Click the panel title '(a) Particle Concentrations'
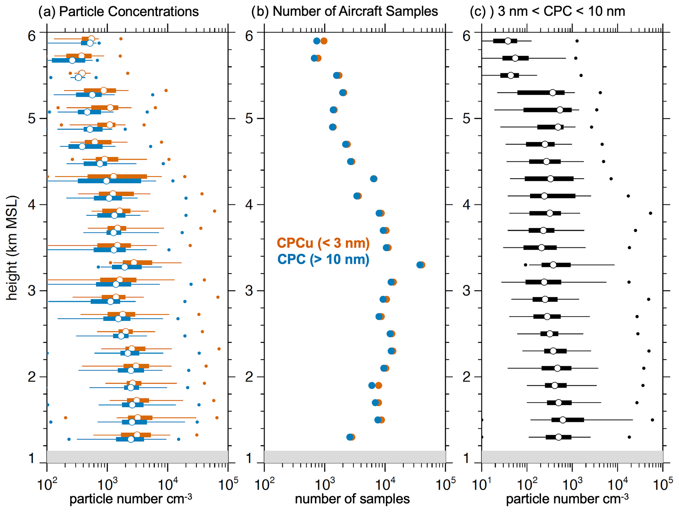click(x=118, y=11)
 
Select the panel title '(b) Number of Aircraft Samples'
click(x=344, y=11)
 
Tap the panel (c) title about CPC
click(x=547, y=11)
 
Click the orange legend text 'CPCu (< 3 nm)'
click(x=323, y=243)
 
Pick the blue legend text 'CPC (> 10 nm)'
click(x=323, y=259)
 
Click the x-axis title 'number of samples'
click(x=352, y=499)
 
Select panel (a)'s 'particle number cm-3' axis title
click(x=131, y=499)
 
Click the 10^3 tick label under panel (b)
click(x=325, y=484)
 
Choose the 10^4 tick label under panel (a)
click(x=168, y=484)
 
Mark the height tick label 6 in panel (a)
click(x=32, y=36)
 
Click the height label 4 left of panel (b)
click(x=249, y=205)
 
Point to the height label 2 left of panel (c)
click(x=466, y=377)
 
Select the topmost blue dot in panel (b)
click(x=316, y=41)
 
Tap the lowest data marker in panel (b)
click(x=350, y=437)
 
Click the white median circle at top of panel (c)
click(x=508, y=41)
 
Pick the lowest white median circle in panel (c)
click(x=558, y=437)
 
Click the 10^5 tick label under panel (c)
click(x=662, y=484)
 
